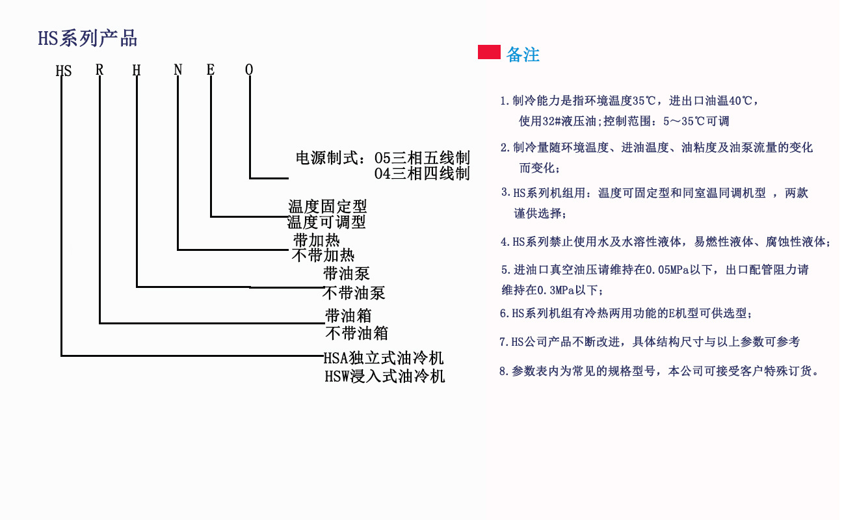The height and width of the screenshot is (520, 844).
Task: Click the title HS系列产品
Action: pos(87,38)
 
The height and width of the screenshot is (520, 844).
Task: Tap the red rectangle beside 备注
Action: pos(489,52)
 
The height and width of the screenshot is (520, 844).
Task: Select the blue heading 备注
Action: pos(523,55)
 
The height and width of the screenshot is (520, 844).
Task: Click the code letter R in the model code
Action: pos(99,70)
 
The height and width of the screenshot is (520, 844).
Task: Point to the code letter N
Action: pos(178,70)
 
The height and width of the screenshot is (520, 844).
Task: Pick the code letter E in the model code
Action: pos(211,70)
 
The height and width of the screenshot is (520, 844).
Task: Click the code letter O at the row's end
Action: pos(249,70)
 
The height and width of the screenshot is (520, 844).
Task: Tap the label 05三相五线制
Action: pos(422,158)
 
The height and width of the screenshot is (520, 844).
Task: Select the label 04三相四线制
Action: pos(422,174)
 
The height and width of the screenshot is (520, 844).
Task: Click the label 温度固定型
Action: pos(328,206)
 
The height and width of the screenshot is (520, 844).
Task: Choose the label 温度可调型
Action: pos(326,222)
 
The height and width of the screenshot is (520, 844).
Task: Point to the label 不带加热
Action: pos(323,255)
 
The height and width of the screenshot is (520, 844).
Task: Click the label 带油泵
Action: pos(347,274)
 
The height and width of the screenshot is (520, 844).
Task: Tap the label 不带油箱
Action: pos(357,333)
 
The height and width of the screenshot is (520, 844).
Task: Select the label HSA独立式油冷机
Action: pos(384,358)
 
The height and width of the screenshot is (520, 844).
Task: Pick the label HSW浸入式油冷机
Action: pos(385,376)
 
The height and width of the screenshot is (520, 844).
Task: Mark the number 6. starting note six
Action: pos(505,313)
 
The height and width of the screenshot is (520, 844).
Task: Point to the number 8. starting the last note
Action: pos(504,371)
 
